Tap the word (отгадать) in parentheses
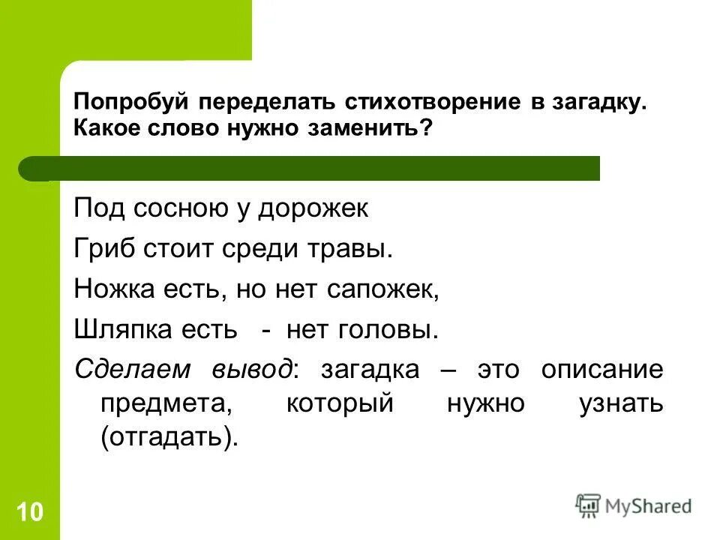pyautogui.click(x=169, y=438)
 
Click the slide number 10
pyautogui.click(x=30, y=513)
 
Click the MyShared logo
pyautogui.click(x=633, y=506)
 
